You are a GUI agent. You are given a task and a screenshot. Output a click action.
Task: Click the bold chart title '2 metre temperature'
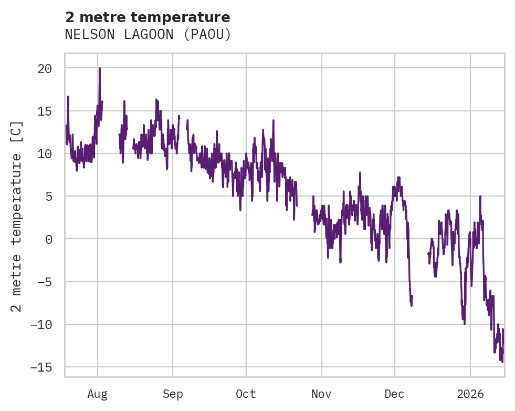pos(148,17)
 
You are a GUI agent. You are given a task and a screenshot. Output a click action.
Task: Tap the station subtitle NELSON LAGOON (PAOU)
pos(148,35)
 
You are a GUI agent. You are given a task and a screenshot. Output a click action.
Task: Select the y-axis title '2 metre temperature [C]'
pos(17,216)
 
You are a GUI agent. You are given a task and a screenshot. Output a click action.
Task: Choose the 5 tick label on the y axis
pos(48,196)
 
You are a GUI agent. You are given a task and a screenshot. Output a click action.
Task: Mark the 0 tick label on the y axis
pos(48,239)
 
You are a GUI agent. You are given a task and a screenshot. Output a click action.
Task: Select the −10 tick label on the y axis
pos(41,324)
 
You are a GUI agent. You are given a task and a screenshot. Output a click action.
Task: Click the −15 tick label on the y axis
pos(41,367)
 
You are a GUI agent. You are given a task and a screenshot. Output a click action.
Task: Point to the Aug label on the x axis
pos(98,394)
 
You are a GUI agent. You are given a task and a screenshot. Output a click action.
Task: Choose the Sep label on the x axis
pos(173,394)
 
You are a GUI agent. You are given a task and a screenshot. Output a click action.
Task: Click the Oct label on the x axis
pos(246,394)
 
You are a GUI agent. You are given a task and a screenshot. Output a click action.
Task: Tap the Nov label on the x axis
pos(321,394)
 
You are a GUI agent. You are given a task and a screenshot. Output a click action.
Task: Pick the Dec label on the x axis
pos(394,394)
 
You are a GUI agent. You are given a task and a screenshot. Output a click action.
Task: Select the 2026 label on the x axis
pos(470,394)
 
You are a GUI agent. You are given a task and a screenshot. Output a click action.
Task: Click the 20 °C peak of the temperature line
pos(99,68)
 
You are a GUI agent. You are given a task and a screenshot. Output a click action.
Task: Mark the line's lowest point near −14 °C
pos(502,362)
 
